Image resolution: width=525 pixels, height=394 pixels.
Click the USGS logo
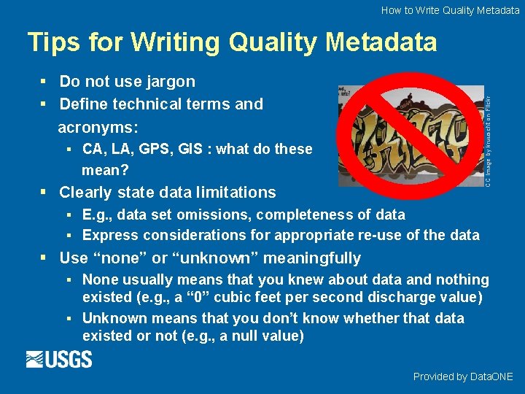click(x=59, y=359)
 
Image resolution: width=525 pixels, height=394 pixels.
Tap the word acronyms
click(x=98, y=127)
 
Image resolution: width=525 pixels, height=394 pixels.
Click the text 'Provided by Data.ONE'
click(x=463, y=376)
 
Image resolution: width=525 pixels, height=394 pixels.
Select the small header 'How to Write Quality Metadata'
click(x=450, y=10)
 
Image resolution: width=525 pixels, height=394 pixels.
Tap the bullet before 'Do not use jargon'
click(x=45, y=82)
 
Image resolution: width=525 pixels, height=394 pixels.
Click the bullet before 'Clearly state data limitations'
click(x=45, y=193)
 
